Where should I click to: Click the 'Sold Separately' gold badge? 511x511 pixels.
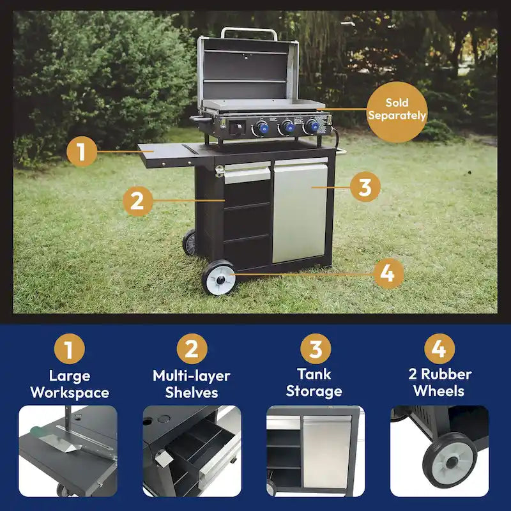[397, 110]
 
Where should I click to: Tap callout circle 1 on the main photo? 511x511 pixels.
[82, 152]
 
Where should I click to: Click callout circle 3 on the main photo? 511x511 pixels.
[365, 187]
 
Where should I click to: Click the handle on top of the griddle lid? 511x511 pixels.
[249, 31]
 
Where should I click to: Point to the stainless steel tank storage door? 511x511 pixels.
[299, 211]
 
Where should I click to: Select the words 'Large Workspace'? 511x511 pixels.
[69, 384]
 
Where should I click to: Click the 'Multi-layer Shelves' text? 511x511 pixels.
[192, 384]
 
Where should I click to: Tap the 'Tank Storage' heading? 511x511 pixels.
[314, 382]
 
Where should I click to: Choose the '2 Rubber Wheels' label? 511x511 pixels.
[438, 382]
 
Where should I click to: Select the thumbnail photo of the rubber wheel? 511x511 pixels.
[439, 451]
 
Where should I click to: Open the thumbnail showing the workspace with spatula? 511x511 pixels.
[68, 451]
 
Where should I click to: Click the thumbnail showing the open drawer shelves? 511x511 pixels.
[192, 451]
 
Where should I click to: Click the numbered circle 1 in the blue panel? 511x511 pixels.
[69, 349]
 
